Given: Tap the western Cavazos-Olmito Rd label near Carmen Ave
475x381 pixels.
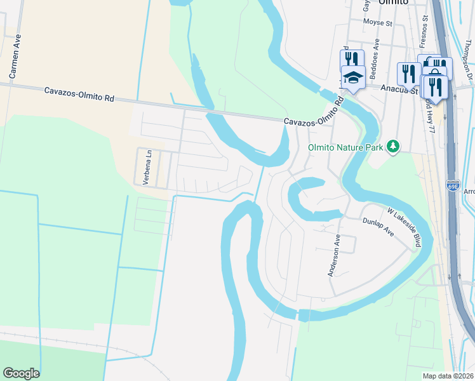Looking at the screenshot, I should tap(79, 95).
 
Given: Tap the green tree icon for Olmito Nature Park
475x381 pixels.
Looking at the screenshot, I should tap(394, 147).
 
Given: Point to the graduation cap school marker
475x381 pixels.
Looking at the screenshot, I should tap(353, 77).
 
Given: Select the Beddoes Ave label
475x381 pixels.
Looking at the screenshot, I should tap(377, 53).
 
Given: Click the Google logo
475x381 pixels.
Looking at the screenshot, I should tap(21, 373).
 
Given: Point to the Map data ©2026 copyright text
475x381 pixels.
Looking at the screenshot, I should tap(448, 376).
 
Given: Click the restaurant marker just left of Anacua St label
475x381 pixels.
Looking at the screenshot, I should tap(407, 73).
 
